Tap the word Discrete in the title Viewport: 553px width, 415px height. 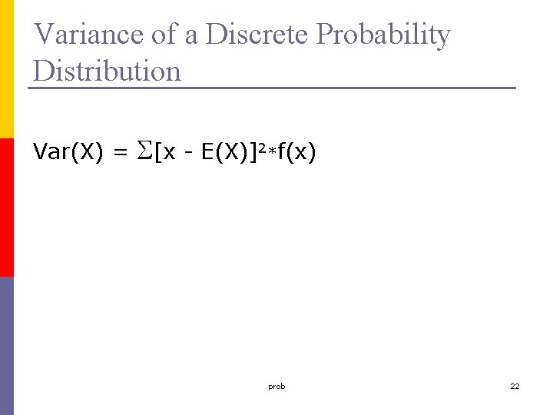pos(259,35)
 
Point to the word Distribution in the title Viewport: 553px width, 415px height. pos(108,71)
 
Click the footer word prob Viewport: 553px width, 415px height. pos(276,387)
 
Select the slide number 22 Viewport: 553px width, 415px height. pos(515,387)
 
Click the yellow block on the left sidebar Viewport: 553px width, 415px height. pos(7,69)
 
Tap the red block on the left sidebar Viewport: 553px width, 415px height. pos(7,207)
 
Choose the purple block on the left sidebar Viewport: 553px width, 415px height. pos(7,346)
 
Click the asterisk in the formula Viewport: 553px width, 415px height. pos(270,151)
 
